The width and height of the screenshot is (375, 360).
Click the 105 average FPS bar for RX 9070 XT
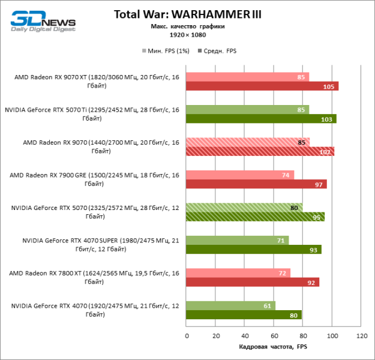click(262, 86)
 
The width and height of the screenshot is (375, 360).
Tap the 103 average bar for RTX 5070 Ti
click(260, 119)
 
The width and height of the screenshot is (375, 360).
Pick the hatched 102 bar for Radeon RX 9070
click(260, 152)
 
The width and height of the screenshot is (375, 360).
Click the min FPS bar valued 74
click(239, 175)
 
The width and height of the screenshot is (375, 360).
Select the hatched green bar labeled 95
click(255, 217)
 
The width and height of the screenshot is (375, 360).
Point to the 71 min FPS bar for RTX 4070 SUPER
click(237, 240)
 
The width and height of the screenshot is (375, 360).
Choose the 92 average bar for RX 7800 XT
click(252, 282)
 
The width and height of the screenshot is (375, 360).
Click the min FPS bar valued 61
click(230, 305)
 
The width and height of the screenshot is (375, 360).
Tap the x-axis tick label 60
click(274, 336)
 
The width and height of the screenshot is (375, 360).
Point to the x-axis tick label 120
click(361, 336)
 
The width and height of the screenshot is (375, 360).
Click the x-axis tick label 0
click(187, 336)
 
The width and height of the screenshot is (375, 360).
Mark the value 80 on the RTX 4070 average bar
click(294, 315)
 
